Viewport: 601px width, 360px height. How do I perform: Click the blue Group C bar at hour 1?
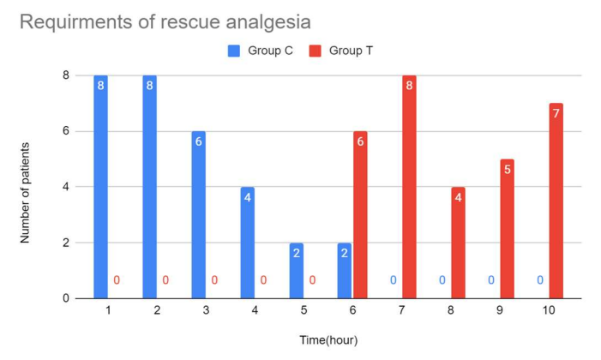pyautogui.click(x=100, y=187)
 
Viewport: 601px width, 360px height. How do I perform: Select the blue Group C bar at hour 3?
pyautogui.click(x=198, y=214)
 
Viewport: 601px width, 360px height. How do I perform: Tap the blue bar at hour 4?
pyautogui.click(x=247, y=243)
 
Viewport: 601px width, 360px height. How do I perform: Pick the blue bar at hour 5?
pyautogui.click(x=296, y=270)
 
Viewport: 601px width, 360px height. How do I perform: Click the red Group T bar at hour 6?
pyautogui.click(x=360, y=214)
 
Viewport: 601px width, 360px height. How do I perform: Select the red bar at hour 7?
pyautogui.click(x=409, y=187)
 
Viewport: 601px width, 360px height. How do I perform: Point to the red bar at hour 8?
pyautogui.click(x=458, y=243)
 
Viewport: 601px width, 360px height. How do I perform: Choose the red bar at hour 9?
pyautogui.click(x=507, y=228)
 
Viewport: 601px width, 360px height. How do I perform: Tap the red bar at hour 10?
pyautogui.click(x=556, y=201)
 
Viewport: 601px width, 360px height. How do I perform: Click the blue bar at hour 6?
pyautogui.click(x=345, y=270)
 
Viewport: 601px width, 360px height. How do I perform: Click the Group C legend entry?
pyautogui.click(x=261, y=51)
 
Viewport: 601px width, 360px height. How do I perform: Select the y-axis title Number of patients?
pyautogui.click(x=27, y=187)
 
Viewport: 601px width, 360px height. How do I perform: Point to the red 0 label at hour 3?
pyautogui.click(x=214, y=280)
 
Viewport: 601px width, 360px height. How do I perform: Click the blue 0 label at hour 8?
pyautogui.click(x=442, y=280)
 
